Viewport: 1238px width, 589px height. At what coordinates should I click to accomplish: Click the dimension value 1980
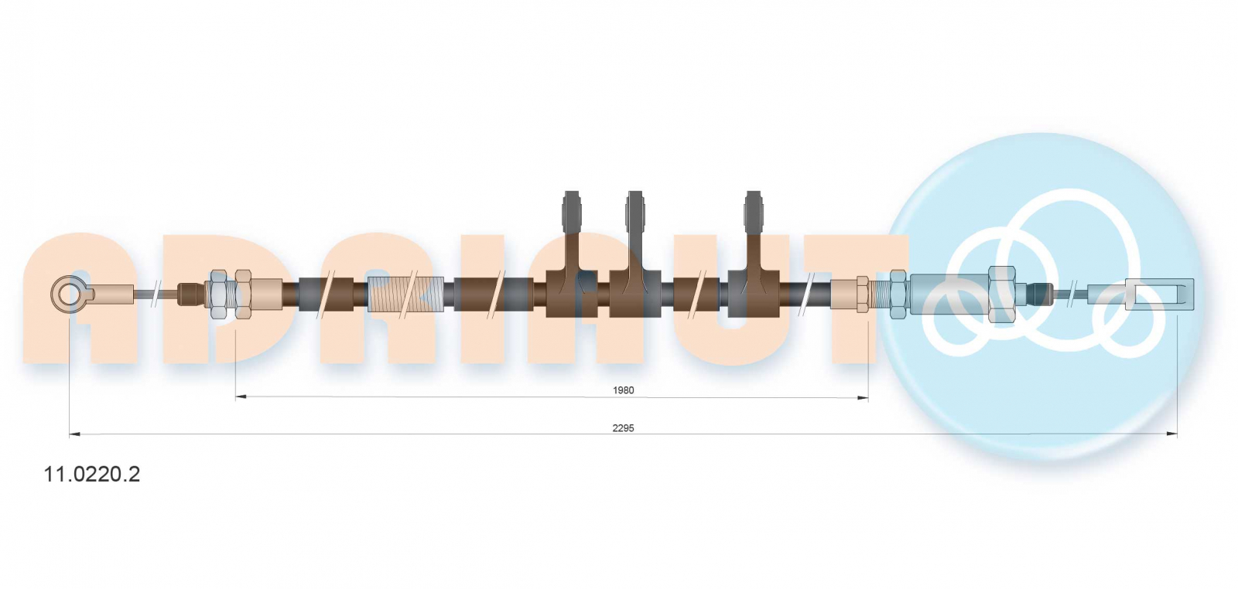[623, 390]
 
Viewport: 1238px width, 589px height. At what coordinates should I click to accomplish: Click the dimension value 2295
[623, 427]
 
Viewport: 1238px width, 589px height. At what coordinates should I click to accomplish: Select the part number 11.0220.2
[92, 474]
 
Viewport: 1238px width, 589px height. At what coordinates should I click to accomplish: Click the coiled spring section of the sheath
[405, 294]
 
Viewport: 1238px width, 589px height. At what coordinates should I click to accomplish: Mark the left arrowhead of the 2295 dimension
[74, 434]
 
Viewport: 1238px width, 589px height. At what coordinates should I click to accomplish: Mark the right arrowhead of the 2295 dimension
[1172, 434]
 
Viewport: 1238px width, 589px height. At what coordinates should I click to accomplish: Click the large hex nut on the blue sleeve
[1001, 294]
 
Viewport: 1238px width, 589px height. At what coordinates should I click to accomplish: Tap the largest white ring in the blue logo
[1069, 270]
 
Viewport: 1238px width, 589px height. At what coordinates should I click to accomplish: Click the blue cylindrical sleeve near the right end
[949, 294]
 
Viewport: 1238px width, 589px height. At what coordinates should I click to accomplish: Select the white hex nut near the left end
[220, 294]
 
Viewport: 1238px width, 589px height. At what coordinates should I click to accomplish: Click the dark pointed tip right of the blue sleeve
[1040, 294]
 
